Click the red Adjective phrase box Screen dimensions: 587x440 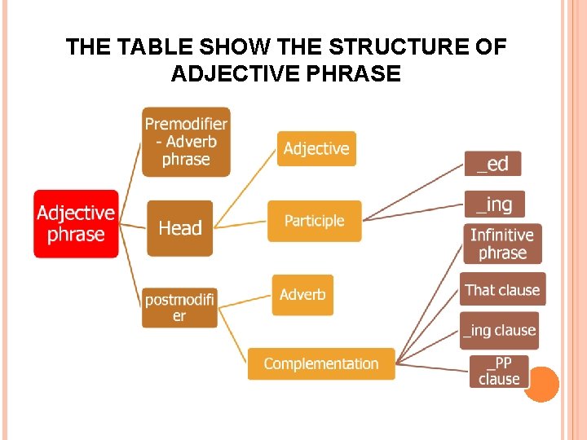[76, 224]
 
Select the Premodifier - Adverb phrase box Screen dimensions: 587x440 [186, 142]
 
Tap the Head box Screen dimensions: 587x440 [179, 228]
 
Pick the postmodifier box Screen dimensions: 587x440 [179, 307]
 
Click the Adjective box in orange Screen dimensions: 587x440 [316, 148]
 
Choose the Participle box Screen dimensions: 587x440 [314, 221]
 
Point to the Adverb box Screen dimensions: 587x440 [302, 294]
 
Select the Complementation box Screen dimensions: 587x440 [321, 363]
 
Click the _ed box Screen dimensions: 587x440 [492, 164]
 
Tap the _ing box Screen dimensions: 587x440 [494, 203]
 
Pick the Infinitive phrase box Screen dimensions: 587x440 [502, 244]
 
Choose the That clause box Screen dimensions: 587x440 [502, 289]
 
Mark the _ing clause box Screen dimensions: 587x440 [499, 330]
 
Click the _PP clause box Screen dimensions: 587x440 [499, 371]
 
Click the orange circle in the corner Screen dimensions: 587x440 [541, 385]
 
